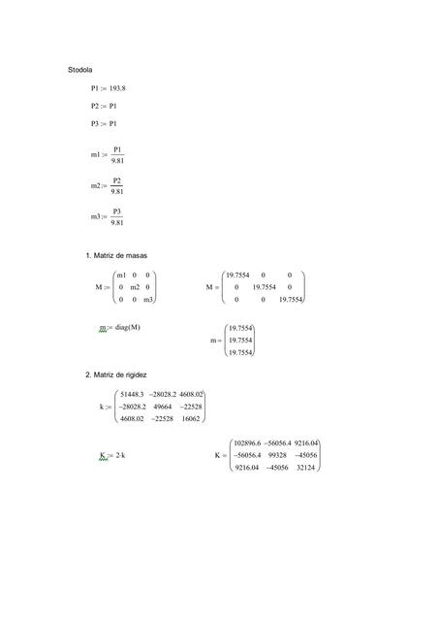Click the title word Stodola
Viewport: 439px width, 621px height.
coord(79,71)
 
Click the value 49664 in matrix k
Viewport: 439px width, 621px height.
coord(155,408)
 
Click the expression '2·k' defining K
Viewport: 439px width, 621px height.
coord(122,454)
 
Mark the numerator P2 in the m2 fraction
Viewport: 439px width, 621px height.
coord(116,180)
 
